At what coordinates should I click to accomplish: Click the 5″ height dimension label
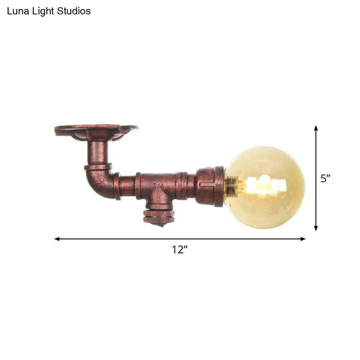point(325,179)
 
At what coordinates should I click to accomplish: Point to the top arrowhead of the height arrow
point(316,128)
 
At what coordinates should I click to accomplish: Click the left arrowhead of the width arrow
point(57,239)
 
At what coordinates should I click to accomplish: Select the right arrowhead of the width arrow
point(303,239)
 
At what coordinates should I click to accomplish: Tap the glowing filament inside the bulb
point(265,185)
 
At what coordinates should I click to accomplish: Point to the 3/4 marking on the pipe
point(157,186)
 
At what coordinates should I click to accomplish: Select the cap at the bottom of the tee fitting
point(159,216)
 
